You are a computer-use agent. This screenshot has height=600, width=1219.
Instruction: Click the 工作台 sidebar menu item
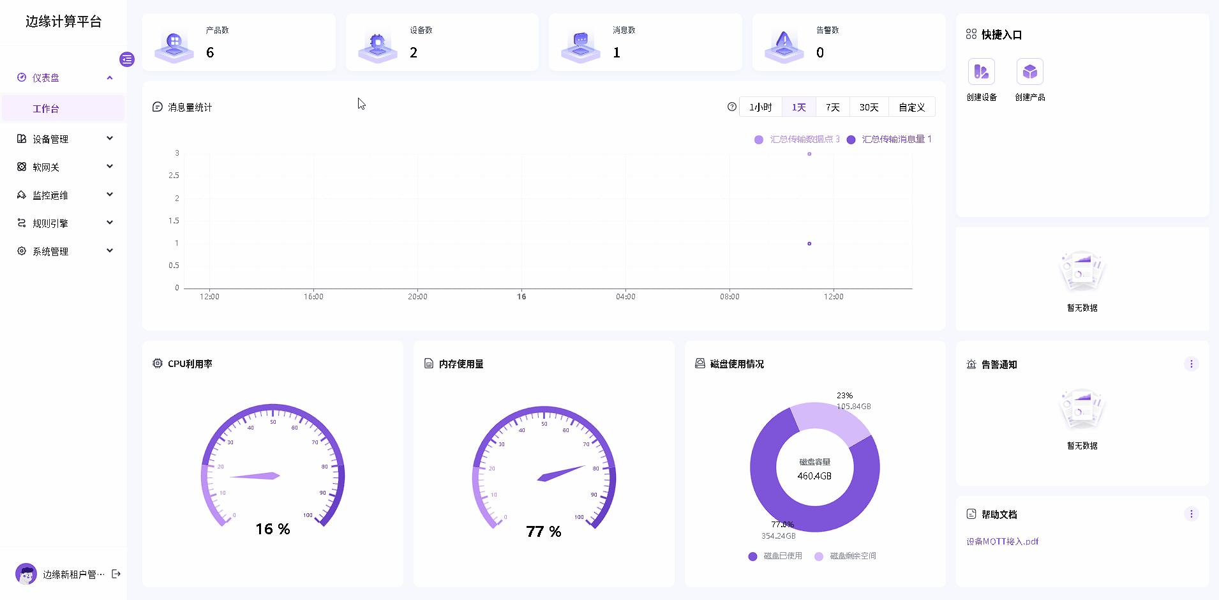pyautogui.click(x=46, y=109)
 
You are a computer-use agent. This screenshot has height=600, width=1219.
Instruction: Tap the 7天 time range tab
pyautogui.click(x=832, y=107)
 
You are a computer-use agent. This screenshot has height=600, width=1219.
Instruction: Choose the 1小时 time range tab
pyautogui.click(x=760, y=107)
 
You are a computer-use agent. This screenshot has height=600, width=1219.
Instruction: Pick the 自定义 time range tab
pyautogui.click(x=911, y=107)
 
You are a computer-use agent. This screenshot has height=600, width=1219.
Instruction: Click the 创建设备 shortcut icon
pyautogui.click(x=982, y=72)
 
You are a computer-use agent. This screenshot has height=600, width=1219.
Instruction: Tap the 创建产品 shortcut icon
pyautogui.click(x=1030, y=72)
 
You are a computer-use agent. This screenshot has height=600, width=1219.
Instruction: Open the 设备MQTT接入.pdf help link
pyautogui.click(x=1002, y=541)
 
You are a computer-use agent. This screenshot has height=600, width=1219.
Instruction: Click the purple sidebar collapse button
pyautogui.click(x=127, y=59)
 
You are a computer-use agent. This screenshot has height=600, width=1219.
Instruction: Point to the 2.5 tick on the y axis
pyautogui.click(x=174, y=176)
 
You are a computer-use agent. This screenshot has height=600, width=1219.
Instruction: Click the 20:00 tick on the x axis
pyautogui.click(x=417, y=297)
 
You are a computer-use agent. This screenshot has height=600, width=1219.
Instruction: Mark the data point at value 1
pyautogui.click(x=809, y=244)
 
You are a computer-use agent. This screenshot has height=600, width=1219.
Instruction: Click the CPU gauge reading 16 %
pyautogui.click(x=273, y=529)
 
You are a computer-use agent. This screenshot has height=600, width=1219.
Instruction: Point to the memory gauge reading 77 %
pyautogui.click(x=544, y=532)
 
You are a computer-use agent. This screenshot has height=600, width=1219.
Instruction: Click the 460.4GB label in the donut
pyautogui.click(x=814, y=476)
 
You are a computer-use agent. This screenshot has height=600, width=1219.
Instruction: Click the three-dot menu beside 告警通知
pyautogui.click(x=1191, y=364)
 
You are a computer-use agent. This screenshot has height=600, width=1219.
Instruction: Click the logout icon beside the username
pyautogui.click(x=116, y=574)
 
